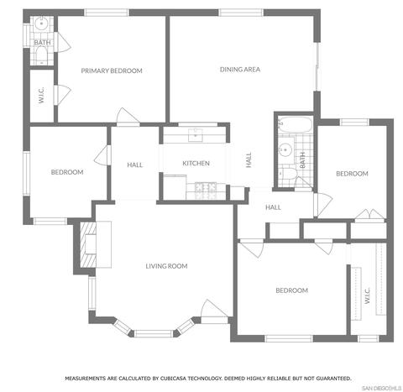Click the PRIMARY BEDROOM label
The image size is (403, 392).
[x=112, y=71]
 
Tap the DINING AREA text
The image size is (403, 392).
[x=240, y=70]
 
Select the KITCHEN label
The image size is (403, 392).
[x=196, y=163]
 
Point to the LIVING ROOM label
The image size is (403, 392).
[x=166, y=266]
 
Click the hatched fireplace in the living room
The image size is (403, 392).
[x=88, y=244]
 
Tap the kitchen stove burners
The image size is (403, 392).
[x=206, y=187]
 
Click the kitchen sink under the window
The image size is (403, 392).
[x=196, y=134]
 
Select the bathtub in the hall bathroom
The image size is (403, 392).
[x=295, y=125]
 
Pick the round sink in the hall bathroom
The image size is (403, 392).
[x=285, y=149]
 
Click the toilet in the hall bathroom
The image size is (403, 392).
[x=288, y=174]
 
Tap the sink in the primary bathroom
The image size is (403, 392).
[x=41, y=24]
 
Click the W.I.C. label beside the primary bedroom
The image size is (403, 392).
[x=41, y=95]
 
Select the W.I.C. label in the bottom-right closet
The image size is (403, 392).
[x=368, y=295]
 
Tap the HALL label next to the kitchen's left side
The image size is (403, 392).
[x=135, y=165]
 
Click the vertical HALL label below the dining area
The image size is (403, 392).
[x=249, y=159]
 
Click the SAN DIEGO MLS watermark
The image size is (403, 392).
[x=382, y=388]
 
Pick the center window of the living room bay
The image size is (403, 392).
[x=154, y=333]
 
